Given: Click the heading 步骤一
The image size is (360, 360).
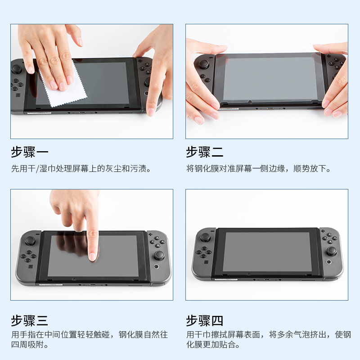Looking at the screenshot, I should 30,152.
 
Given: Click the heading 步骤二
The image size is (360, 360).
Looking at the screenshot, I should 205,152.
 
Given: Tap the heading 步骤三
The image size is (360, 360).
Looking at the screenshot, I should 30,320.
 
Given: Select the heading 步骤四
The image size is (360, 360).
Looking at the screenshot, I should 205,320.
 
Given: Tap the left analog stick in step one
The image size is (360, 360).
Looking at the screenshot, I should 17,69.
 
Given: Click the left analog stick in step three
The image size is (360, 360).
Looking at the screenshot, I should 30,240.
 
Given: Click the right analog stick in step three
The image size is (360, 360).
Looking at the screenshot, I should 159,255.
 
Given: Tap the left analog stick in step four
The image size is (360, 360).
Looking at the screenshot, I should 205,237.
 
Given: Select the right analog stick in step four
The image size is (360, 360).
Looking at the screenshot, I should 332,251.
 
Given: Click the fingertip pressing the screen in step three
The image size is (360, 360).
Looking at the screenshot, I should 93,256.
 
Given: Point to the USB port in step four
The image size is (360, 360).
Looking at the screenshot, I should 267,279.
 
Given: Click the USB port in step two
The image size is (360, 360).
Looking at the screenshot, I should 270,108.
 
